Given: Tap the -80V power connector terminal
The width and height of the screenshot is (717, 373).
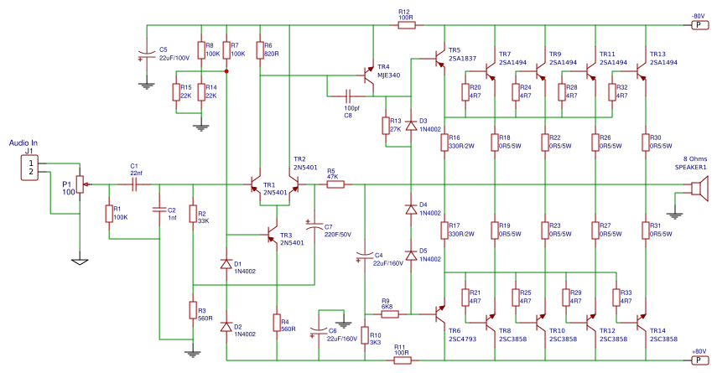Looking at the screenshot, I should (x=698, y=25).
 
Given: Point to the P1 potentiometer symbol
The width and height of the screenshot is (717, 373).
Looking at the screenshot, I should (x=80, y=184).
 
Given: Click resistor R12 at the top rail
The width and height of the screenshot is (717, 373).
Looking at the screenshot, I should (x=406, y=25).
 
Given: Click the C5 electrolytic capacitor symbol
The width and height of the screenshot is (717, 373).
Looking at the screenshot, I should (x=146, y=56).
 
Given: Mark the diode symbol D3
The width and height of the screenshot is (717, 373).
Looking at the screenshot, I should (x=411, y=125).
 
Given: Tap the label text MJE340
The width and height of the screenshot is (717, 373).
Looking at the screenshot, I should (x=389, y=75).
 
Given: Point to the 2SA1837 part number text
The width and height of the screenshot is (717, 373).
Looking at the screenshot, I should (x=462, y=60).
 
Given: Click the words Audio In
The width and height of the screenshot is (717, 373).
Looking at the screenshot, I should (x=23, y=143).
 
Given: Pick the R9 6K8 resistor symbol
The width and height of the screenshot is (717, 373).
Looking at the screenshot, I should (x=389, y=315).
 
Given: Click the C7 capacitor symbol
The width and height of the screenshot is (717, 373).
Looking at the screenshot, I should (x=314, y=225).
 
